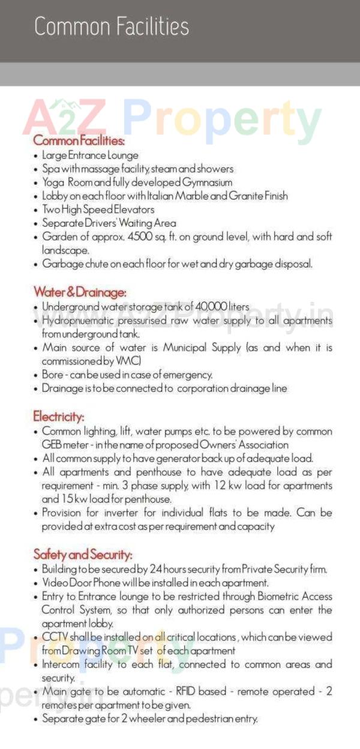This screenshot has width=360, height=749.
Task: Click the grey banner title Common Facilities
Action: (x=112, y=27)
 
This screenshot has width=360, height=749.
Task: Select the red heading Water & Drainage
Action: (x=80, y=292)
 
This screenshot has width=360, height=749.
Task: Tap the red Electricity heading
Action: (x=59, y=416)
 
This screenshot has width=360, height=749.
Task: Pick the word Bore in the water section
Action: (x=53, y=375)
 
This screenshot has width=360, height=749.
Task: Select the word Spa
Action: (x=50, y=169)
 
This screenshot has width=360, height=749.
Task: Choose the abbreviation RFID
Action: (x=184, y=691)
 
